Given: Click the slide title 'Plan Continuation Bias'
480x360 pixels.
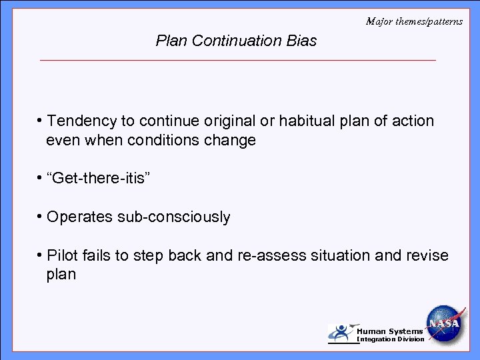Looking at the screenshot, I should (x=236, y=41).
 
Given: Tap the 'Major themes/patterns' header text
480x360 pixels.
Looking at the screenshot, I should (x=414, y=21).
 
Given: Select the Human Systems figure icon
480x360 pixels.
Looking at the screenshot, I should (x=342, y=333).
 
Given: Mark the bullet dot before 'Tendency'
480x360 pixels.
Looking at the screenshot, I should (x=41, y=121).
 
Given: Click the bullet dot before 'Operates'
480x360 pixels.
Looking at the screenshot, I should (x=41, y=217).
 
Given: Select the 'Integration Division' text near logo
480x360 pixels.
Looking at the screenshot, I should (x=391, y=339).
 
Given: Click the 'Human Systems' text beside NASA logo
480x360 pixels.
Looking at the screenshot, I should (x=390, y=331).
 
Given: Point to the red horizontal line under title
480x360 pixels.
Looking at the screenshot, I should (x=237, y=61).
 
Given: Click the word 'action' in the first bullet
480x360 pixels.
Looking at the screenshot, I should (x=413, y=121).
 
